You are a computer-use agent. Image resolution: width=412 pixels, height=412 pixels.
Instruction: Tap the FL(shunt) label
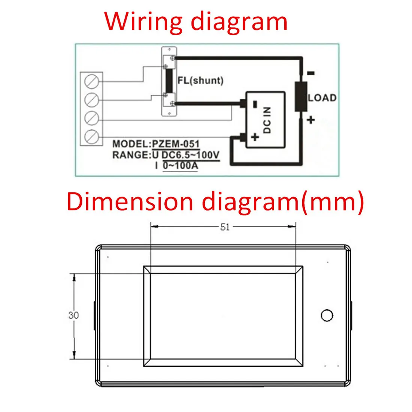[x=200, y=81]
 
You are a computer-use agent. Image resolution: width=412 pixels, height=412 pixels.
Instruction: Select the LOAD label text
[x=322, y=98]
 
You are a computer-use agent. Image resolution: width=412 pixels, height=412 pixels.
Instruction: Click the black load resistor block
[x=301, y=96]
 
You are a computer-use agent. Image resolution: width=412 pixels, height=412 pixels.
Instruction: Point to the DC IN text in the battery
[x=267, y=120]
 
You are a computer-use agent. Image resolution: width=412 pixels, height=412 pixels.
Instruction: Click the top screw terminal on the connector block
[x=92, y=81]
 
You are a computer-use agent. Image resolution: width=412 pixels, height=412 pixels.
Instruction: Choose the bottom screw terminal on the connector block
[x=92, y=137]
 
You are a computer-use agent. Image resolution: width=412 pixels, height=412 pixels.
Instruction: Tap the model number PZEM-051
[x=175, y=144]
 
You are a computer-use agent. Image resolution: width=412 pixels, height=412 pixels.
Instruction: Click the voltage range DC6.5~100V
[x=191, y=155]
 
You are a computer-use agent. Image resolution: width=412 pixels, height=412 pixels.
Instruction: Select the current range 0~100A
[x=181, y=165]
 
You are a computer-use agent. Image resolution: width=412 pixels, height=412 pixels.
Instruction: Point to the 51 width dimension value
[x=225, y=227]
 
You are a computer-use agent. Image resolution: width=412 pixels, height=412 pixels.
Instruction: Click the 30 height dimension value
[x=73, y=315]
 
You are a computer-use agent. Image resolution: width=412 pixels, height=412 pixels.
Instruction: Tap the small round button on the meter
[x=327, y=315]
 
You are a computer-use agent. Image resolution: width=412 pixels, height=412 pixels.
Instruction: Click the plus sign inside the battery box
[x=255, y=137]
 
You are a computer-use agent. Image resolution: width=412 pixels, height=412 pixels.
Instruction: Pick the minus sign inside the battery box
[x=255, y=104]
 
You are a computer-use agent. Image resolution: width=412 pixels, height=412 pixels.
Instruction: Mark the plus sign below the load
[x=311, y=120]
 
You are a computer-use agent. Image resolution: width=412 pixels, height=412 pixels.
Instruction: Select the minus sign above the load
[x=311, y=73]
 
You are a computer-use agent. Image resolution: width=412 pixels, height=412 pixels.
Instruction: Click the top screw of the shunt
[x=172, y=58]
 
